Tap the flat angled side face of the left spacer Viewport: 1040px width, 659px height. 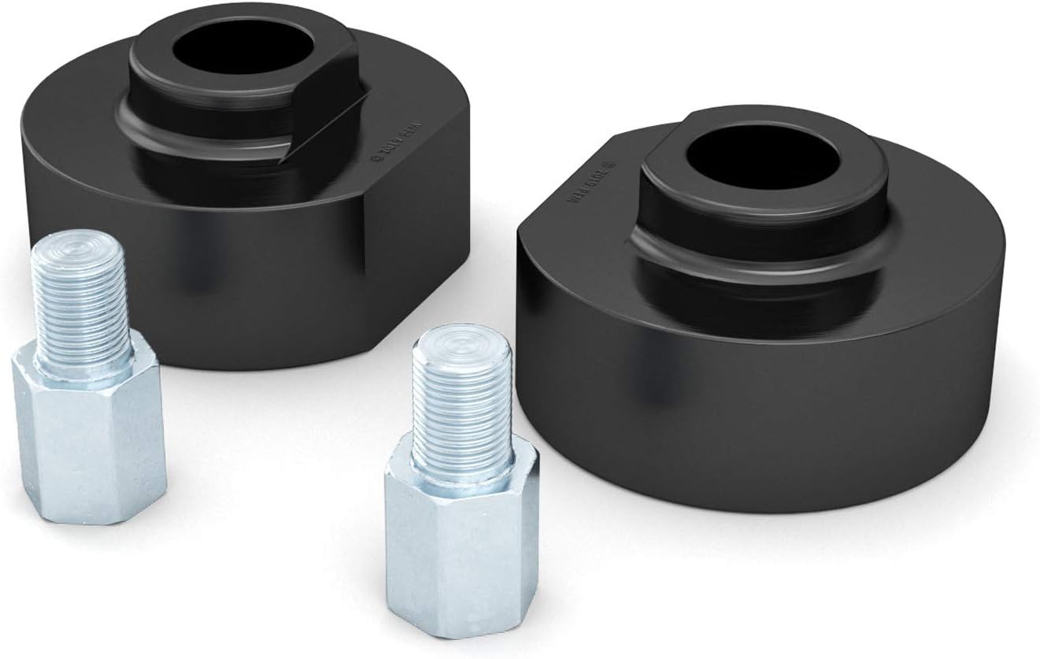tap(394, 260)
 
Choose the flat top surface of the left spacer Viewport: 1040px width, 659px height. tap(79, 134)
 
